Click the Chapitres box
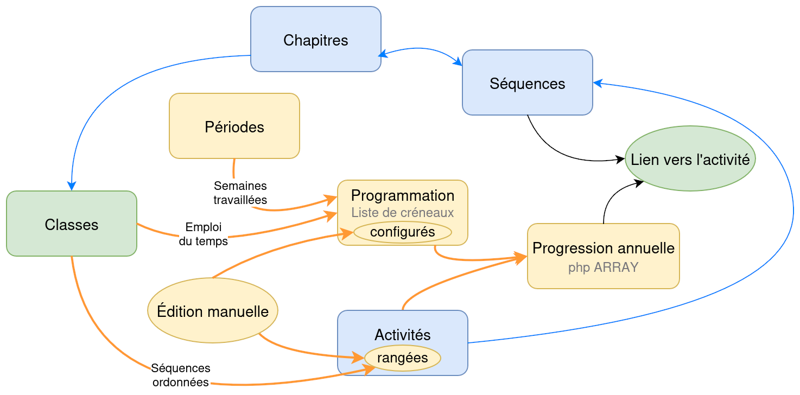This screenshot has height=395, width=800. point(315,39)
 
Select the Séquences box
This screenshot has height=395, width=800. point(527,82)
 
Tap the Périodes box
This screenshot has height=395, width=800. point(234,126)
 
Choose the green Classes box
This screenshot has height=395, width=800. point(71,224)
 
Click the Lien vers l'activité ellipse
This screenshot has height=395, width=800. point(690,159)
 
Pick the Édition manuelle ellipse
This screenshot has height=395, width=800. point(212,311)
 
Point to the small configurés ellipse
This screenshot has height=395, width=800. point(402,232)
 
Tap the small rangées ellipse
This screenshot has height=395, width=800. point(402,358)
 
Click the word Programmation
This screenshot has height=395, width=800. point(402,195)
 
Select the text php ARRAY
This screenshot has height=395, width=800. point(603,267)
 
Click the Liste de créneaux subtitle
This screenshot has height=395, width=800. point(402,212)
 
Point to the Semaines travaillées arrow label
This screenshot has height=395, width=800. point(240,193)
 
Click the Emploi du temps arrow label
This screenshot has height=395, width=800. point(204,234)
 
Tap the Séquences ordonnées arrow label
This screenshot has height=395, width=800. point(181,375)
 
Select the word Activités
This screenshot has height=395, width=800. point(402,334)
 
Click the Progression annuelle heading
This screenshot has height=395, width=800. point(603,248)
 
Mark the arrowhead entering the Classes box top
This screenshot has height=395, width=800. point(72,186)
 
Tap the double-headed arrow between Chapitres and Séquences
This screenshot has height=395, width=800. point(421,50)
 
